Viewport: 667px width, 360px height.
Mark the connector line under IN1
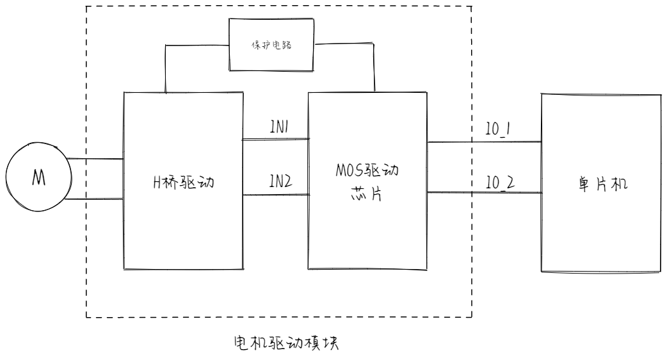275,138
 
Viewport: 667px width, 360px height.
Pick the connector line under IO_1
485,142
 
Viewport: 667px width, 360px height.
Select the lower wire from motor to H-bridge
93,199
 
